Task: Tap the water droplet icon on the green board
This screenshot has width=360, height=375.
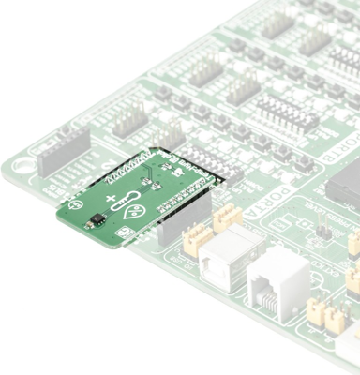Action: click(x=137, y=208)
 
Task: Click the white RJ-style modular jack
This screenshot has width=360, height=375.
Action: click(x=279, y=281)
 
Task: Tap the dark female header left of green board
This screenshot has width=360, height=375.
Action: click(x=64, y=149)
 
